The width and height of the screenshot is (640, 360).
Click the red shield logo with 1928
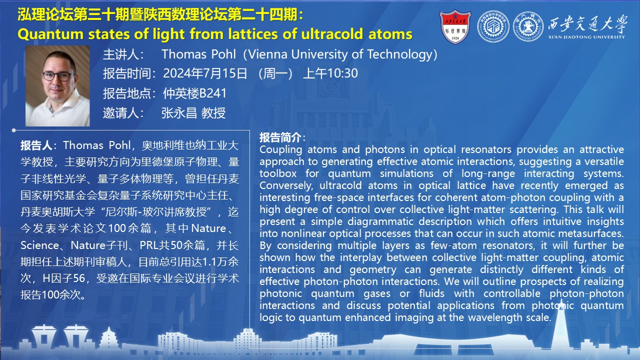click(x=455, y=26)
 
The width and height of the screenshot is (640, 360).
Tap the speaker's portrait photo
click(x=57, y=85)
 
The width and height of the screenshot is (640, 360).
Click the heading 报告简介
click(x=280, y=137)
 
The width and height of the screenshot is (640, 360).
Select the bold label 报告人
click(x=36, y=145)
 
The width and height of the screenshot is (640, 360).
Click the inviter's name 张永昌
click(x=179, y=113)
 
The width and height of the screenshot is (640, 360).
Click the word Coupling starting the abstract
click(x=281, y=150)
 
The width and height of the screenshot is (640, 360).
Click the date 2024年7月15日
click(x=205, y=73)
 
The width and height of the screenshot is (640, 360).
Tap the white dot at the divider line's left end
click(x=13, y=130)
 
